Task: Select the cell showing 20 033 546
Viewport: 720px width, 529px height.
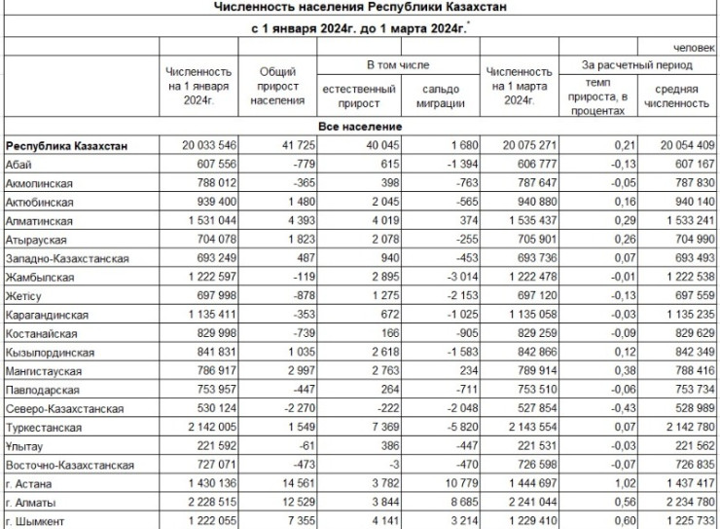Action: [201, 146]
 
